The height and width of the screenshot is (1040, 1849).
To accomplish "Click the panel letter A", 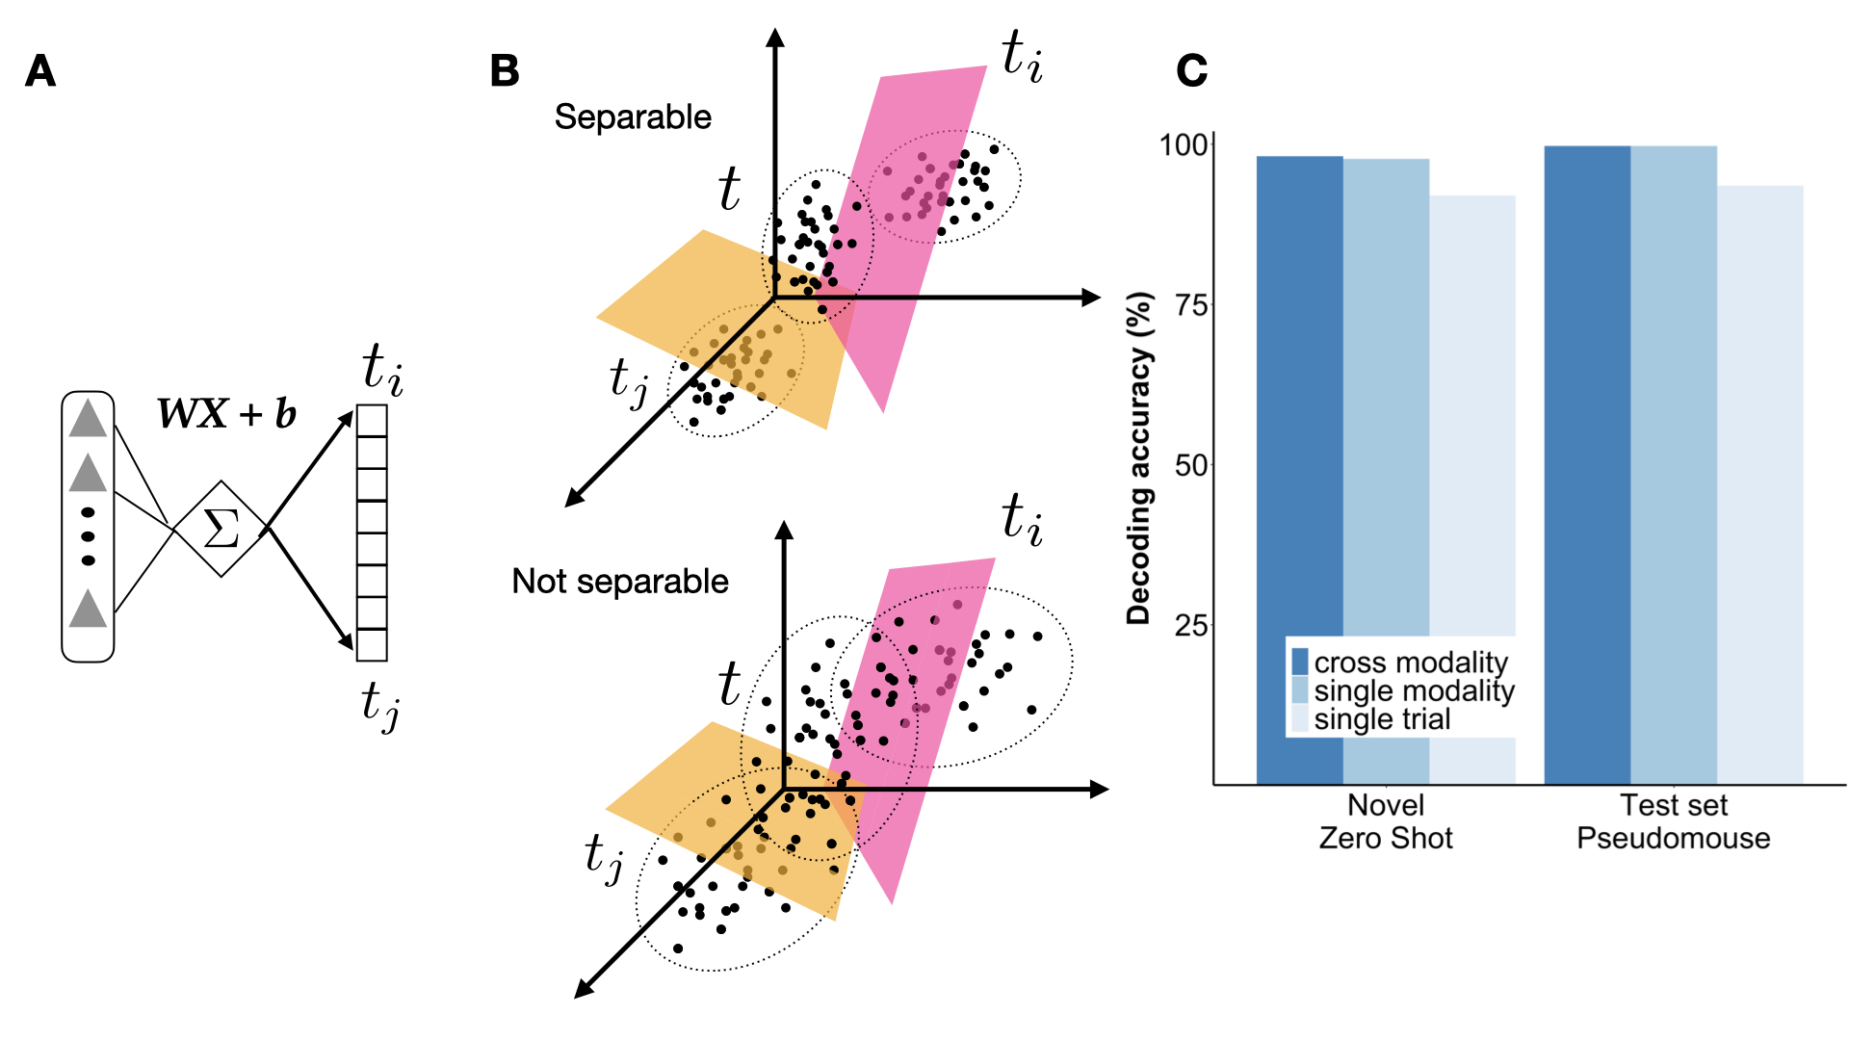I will (x=40, y=71).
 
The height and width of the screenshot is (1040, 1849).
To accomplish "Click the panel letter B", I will (x=505, y=71).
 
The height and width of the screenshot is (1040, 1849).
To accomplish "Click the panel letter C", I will (x=1191, y=71).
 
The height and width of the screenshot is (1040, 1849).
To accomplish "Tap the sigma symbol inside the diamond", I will (x=221, y=529).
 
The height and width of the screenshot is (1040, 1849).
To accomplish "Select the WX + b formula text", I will (x=227, y=414).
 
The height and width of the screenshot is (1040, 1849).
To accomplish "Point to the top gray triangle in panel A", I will (x=88, y=419).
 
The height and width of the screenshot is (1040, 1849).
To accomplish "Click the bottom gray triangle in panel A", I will (x=88, y=609).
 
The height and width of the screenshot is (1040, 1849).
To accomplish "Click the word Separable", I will (x=633, y=117).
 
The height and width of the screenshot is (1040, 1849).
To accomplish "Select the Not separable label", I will (x=620, y=582).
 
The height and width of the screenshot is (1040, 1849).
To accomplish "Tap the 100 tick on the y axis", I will (x=1183, y=145).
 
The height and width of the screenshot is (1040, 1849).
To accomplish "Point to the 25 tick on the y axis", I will (x=1190, y=627).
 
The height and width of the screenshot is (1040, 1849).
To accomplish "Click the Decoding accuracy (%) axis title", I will (x=1139, y=458).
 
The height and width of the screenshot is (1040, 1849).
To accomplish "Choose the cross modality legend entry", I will (x=1410, y=663).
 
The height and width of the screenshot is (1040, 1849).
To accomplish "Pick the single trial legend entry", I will (x=1381, y=719).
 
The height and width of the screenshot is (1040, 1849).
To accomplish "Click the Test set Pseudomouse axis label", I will (x=1673, y=821).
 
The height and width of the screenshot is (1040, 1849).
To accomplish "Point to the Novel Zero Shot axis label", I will (x=1386, y=821).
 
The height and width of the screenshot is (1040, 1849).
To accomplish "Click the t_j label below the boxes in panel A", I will (x=380, y=706).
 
